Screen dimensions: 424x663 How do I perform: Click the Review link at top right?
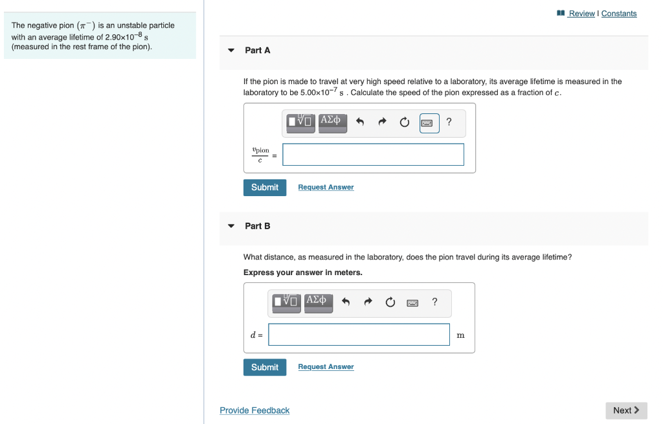[581, 14]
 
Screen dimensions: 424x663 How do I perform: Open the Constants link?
[619, 14]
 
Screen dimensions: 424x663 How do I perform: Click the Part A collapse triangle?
[231, 50]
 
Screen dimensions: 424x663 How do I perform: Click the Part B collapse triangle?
[231, 226]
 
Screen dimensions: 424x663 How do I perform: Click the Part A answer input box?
[373, 155]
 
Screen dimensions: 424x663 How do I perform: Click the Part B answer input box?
[359, 335]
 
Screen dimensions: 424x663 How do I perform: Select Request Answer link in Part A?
[326, 187]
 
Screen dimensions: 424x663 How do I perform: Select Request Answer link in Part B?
[326, 367]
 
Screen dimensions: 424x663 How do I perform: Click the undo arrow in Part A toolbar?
[361, 122]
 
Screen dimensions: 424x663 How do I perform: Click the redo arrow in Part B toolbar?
[368, 302]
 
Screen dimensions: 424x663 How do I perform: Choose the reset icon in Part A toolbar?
[405, 122]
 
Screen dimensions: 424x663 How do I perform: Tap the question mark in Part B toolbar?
[434, 301]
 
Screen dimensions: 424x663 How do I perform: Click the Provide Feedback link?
[254, 410]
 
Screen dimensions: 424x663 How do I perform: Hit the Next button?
[626, 410]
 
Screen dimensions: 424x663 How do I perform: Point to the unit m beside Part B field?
[460, 335]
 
